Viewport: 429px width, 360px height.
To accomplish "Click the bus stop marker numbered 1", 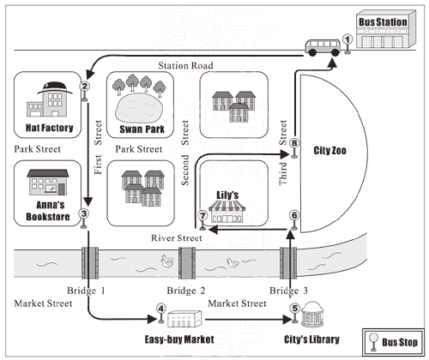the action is point(347,44).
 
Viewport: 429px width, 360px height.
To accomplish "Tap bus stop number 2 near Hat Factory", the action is point(84,91).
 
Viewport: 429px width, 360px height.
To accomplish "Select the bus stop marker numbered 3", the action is point(83,219).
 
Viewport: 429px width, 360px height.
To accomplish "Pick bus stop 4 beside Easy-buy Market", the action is point(161,313).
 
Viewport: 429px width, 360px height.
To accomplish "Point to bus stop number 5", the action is point(294,313).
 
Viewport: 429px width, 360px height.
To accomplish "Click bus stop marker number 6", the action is point(294,219).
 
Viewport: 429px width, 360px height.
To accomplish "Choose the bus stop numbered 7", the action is point(202,220).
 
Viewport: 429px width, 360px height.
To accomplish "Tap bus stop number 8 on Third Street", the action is point(294,148).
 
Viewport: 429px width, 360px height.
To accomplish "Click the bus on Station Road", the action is point(323,47).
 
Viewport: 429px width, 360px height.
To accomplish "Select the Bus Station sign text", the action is point(383,22).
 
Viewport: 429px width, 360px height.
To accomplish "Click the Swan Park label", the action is point(142,129).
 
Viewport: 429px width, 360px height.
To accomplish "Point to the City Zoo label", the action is point(329,150).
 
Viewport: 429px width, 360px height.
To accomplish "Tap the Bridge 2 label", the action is point(186,291).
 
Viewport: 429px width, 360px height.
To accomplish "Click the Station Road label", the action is point(185,66).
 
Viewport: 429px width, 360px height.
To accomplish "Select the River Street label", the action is point(177,237).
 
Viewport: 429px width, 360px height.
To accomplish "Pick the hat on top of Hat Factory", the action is point(55,87).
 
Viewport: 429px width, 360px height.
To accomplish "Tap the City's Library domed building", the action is point(312,314).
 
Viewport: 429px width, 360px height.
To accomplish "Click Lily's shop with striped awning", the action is point(227,212).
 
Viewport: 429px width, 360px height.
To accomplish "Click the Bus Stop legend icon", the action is point(373,342).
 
